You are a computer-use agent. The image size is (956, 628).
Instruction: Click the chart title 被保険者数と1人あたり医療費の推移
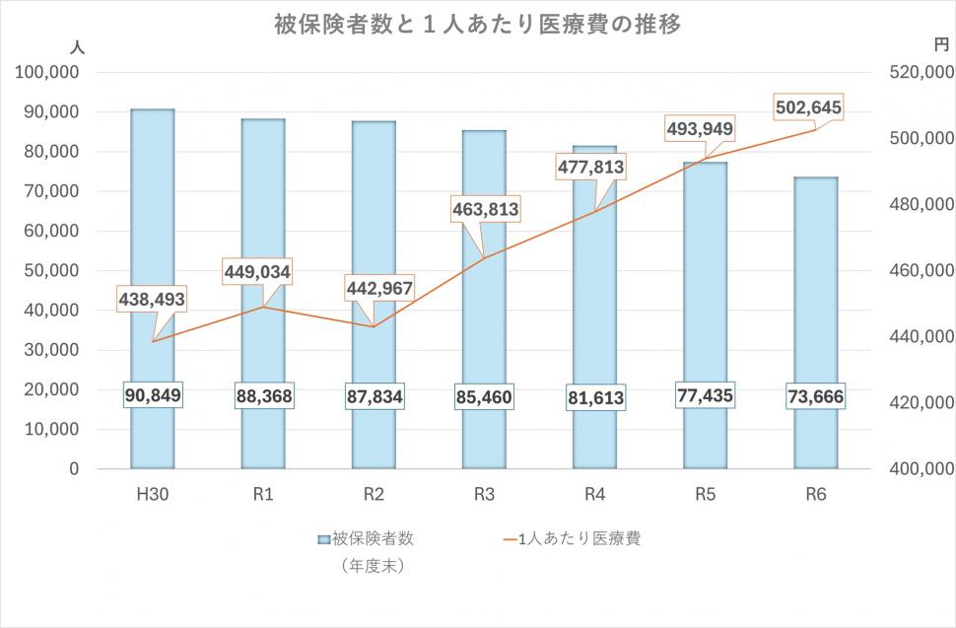(477, 25)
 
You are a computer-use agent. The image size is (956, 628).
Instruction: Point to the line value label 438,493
(152, 299)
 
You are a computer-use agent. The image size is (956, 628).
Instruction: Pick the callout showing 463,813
(485, 210)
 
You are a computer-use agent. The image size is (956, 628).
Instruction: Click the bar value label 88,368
(263, 395)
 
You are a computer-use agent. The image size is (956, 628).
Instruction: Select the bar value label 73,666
(815, 395)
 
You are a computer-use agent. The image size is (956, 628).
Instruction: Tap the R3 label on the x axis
(484, 495)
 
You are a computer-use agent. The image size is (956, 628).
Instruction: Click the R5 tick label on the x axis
(705, 495)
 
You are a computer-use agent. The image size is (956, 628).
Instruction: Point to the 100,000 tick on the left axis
(47, 73)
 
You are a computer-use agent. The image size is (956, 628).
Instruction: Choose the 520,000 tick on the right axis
(921, 73)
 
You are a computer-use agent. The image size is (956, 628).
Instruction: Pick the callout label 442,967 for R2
(379, 288)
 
